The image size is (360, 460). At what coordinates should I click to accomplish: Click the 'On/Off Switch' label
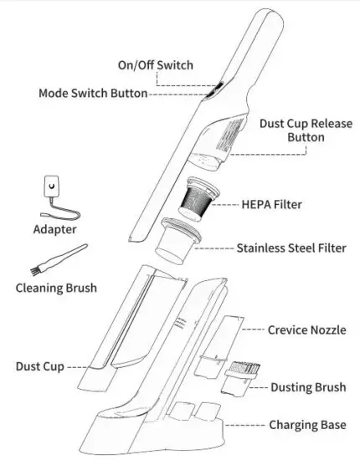point(155,64)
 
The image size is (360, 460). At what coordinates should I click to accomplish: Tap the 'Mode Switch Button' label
point(93,94)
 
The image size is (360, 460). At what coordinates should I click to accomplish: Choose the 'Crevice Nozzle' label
point(306,330)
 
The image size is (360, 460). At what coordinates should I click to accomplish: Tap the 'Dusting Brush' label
point(309,387)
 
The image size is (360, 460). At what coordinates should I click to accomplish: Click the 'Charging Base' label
point(307,426)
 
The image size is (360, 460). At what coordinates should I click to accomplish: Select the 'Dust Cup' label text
point(39,366)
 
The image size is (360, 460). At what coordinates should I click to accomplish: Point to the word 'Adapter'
point(55,228)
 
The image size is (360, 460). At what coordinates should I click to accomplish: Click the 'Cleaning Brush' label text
point(56,289)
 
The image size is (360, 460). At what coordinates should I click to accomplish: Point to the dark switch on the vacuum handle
point(215,88)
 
